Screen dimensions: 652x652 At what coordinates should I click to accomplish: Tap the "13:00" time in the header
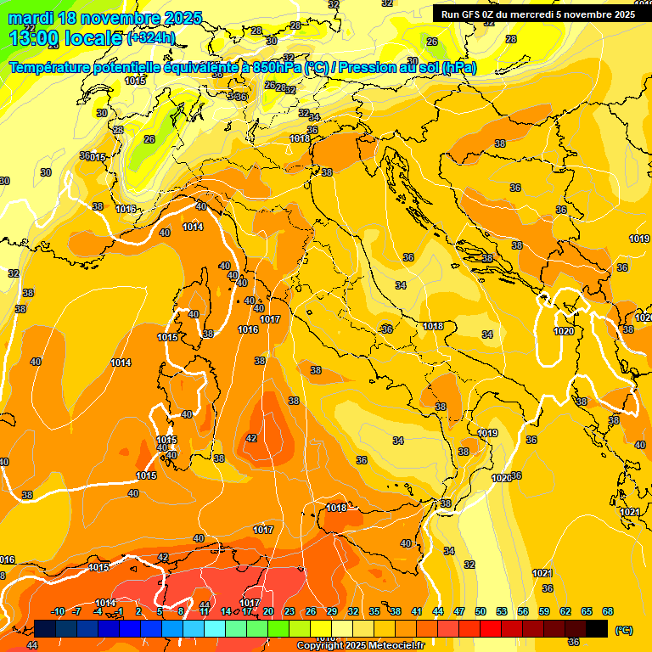30,37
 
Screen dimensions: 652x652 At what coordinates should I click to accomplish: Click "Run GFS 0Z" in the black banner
470,14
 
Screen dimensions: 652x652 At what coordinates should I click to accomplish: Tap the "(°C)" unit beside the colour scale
623,630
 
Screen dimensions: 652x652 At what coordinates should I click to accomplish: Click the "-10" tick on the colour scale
58,612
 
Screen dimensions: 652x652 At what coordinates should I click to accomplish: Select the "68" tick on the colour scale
608,612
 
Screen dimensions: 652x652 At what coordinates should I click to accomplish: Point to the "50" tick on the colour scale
481,612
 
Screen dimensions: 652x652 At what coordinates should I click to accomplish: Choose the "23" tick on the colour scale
289,612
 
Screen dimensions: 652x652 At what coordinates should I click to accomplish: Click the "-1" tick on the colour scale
120,612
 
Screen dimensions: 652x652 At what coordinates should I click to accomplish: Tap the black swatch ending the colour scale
597,628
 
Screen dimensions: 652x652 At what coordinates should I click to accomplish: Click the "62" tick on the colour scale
565,612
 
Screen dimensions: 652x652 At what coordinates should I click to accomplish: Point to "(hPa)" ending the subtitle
458,68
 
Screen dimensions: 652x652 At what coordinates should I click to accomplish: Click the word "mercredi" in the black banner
535,14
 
